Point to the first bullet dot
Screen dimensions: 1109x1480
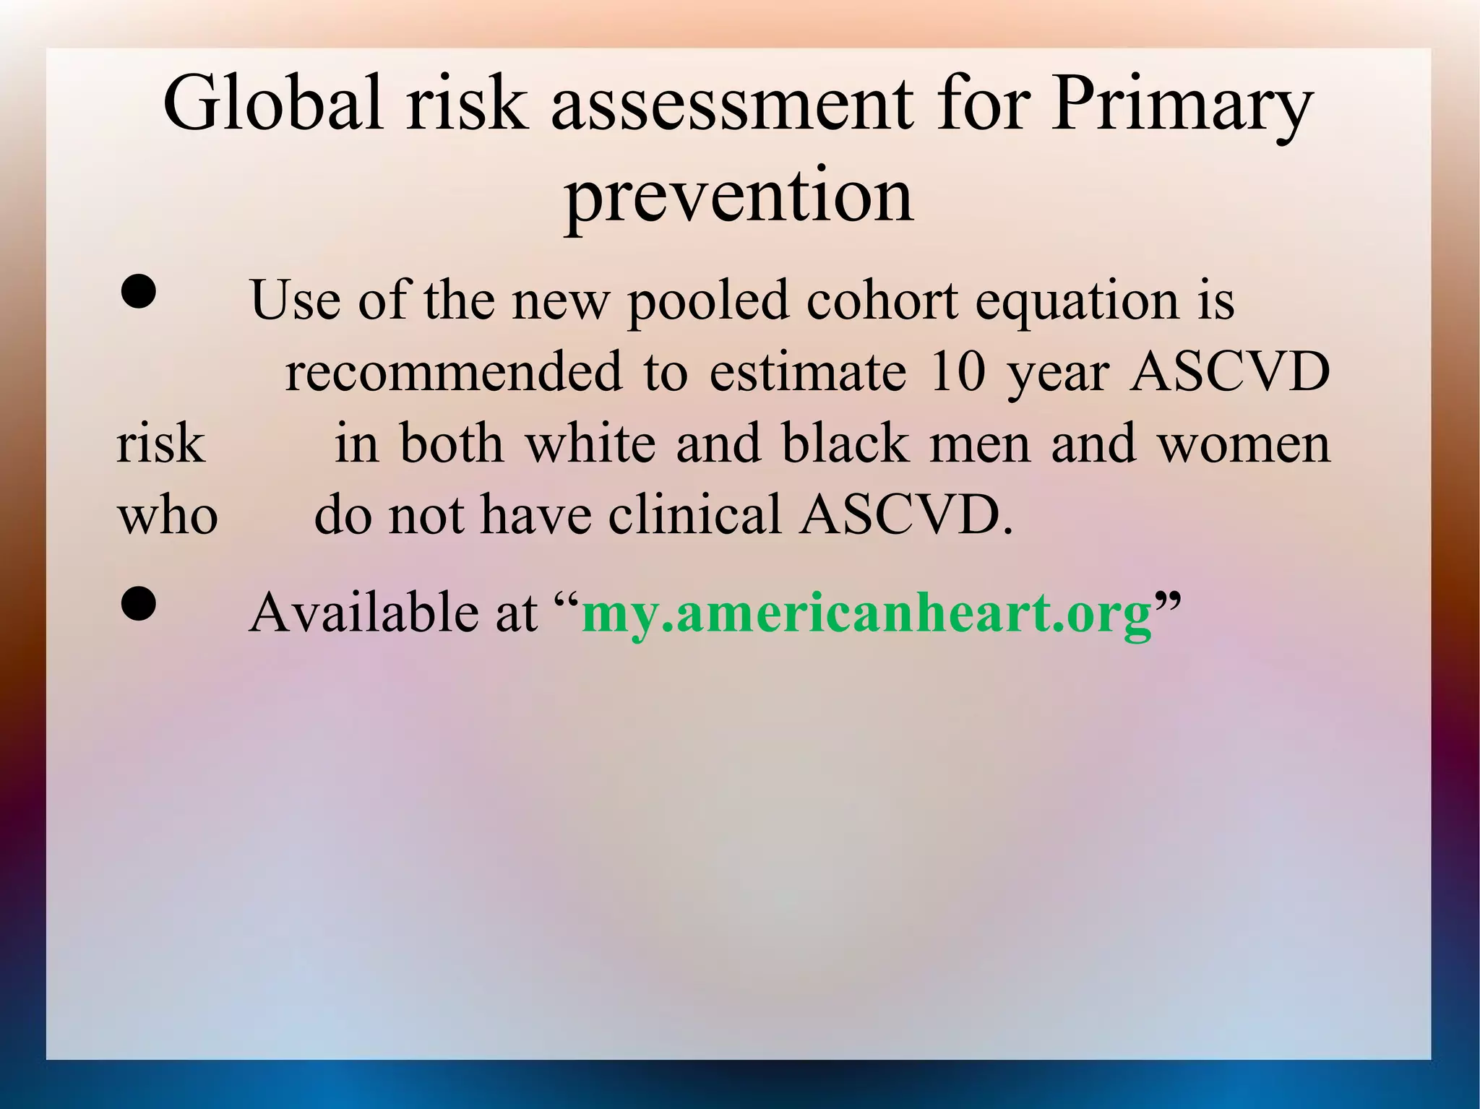(x=137, y=293)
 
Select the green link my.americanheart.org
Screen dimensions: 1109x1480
(x=866, y=613)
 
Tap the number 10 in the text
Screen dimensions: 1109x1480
(x=957, y=371)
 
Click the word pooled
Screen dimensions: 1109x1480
(x=707, y=301)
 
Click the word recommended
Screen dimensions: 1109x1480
(x=453, y=371)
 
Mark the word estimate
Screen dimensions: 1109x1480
(x=807, y=371)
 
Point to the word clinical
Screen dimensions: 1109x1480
(x=694, y=514)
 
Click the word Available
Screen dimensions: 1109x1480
(x=362, y=613)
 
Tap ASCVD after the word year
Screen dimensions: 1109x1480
(x=1229, y=371)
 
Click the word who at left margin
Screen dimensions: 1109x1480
(x=167, y=516)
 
